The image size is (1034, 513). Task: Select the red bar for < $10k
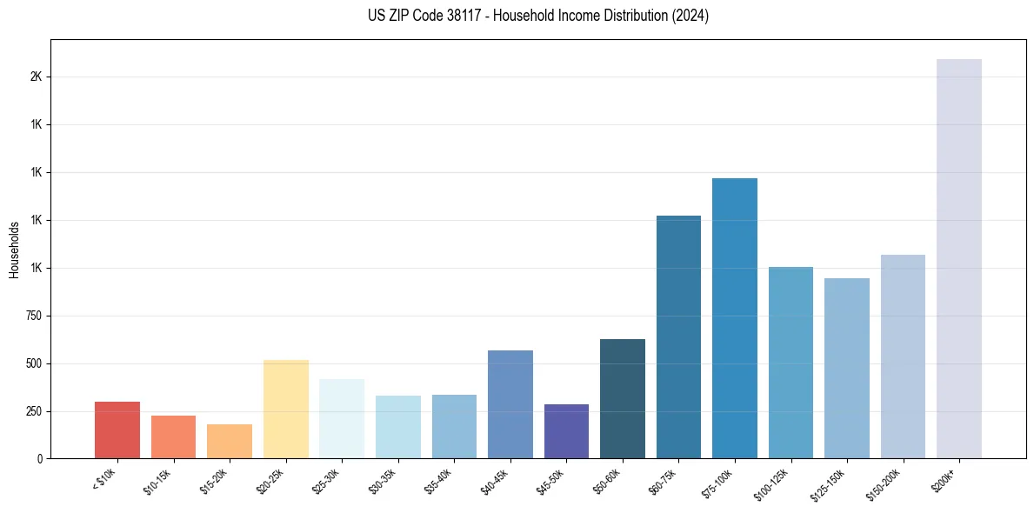tap(117, 430)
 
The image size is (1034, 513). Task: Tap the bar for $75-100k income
tap(735, 318)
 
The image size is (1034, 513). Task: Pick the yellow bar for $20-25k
tap(285, 409)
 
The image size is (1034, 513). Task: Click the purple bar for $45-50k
tap(566, 431)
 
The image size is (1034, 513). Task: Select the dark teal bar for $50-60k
tap(623, 398)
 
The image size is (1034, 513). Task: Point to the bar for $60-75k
tap(678, 336)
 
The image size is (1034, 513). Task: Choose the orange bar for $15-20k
tap(230, 441)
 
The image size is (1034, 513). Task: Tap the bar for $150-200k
tap(903, 356)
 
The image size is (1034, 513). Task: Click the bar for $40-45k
tap(510, 404)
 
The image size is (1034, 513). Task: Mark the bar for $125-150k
tap(846, 368)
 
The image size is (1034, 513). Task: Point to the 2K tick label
tap(36, 77)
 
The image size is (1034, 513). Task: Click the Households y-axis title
tap(15, 250)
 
